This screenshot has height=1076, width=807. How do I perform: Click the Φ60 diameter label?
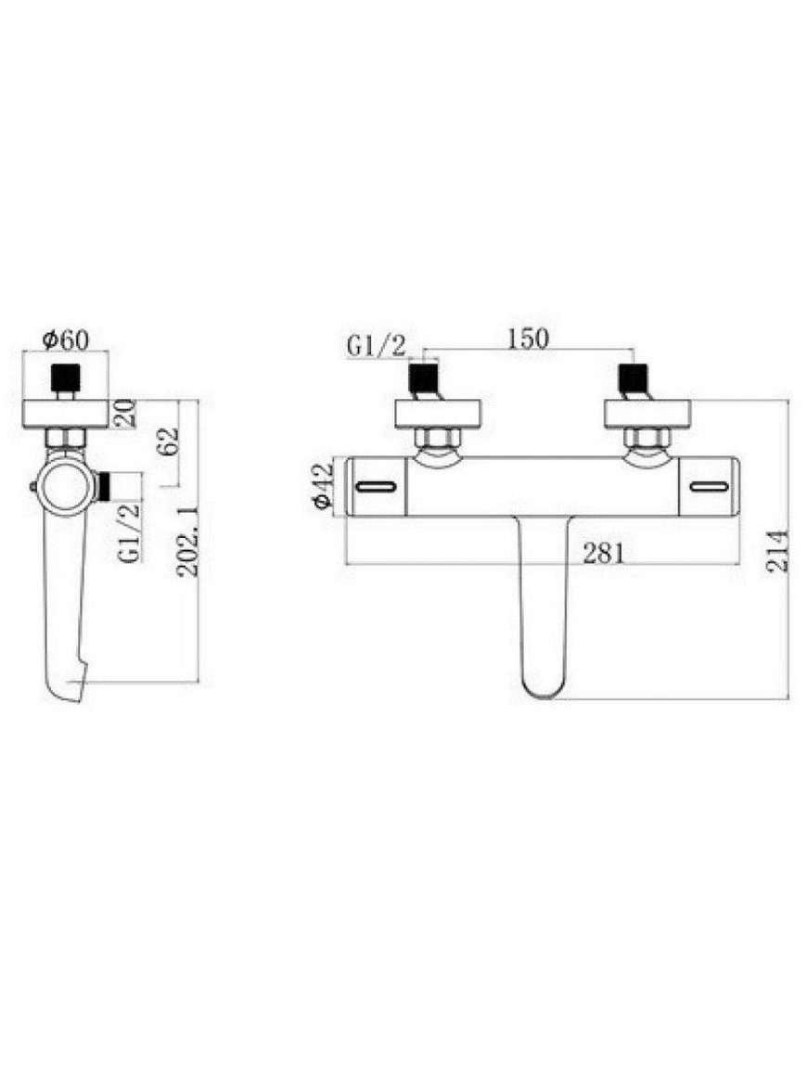[x=65, y=339]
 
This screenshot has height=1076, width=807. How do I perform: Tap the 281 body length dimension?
[x=604, y=553]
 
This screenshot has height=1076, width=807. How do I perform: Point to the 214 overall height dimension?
[x=778, y=551]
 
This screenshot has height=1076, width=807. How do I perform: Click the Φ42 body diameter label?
[x=322, y=486]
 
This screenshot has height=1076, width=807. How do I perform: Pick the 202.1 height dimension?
[x=186, y=542]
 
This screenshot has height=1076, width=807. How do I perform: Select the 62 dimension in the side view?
[x=168, y=442]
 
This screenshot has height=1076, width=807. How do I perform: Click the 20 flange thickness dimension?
[x=126, y=413]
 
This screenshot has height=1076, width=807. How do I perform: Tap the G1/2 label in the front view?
[x=376, y=345]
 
